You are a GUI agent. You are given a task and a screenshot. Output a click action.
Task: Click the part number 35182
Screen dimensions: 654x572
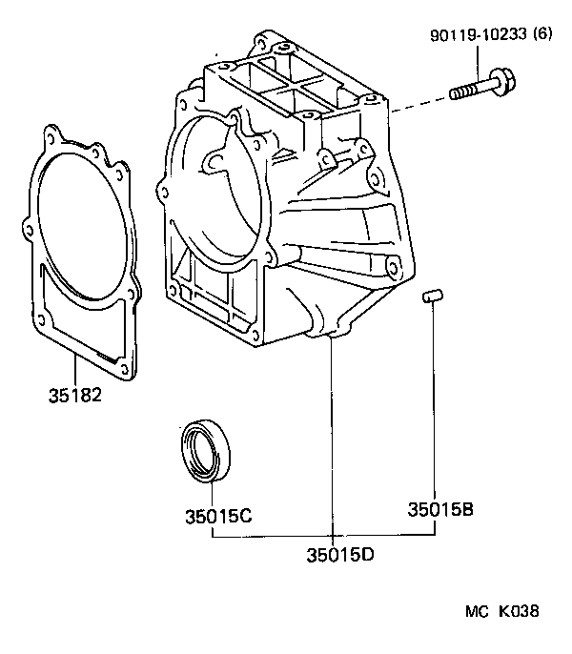click(74, 394)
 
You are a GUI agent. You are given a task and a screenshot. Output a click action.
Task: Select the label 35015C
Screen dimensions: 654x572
click(218, 517)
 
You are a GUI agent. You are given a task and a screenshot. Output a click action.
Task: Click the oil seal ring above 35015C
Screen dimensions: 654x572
click(206, 449)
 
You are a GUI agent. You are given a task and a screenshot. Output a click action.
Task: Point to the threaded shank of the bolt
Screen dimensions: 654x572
click(467, 91)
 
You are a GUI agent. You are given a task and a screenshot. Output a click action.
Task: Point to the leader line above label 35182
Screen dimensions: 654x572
click(74, 367)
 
